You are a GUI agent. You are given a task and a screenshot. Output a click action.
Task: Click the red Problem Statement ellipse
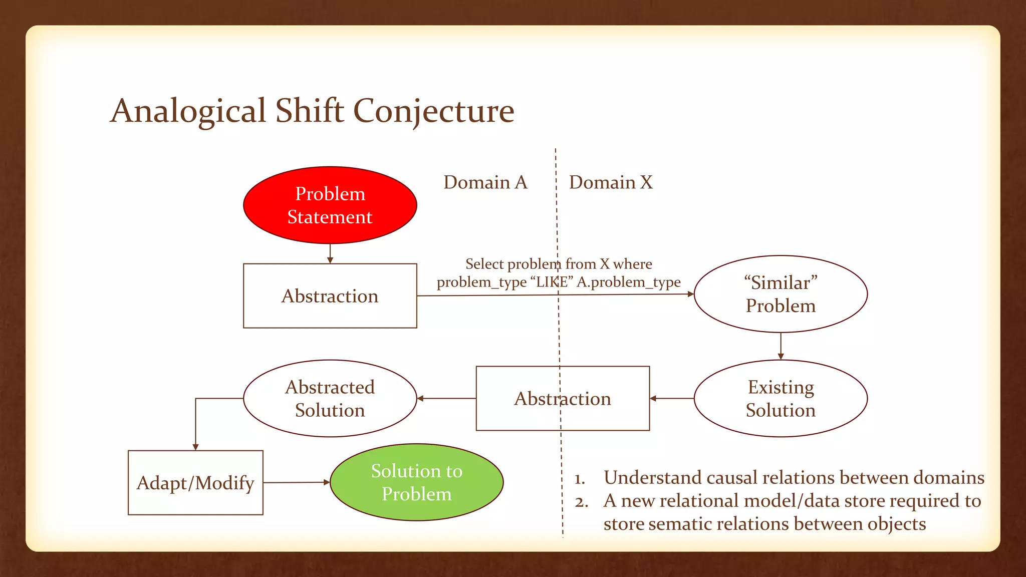(x=330, y=205)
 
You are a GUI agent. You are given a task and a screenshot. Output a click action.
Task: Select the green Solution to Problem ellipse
(x=416, y=482)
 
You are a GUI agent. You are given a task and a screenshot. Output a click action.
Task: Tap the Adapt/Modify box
(x=195, y=483)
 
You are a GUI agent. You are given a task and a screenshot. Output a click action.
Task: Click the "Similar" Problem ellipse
(x=781, y=294)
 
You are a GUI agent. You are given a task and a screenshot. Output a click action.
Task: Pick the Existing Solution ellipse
(x=781, y=399)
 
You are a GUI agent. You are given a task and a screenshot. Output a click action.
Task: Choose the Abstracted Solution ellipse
(x=330, y=399)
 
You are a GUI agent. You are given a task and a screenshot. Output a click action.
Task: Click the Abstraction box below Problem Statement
(x=330, y=296)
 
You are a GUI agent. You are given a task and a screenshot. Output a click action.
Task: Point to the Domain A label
(x=485, y=182)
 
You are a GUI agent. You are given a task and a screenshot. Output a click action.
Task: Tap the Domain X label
(x=611, y=182)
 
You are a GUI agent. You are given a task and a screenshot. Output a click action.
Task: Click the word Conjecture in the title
(x=433, y=111)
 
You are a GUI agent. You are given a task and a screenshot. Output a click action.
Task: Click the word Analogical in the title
(x=188, y=111)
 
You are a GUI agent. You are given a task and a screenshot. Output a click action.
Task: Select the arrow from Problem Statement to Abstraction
(x=330, y=253)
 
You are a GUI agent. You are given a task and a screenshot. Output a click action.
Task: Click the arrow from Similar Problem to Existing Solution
(x=781, y=346)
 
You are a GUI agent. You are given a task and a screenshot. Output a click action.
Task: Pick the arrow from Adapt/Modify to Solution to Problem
(x=296, y=482)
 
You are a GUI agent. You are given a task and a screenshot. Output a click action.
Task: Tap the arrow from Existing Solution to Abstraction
(x=672, y=399)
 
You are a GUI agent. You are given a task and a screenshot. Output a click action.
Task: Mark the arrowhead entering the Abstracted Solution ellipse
(x=420, y=399)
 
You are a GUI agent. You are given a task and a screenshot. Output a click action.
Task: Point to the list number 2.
(x=581, y=502)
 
